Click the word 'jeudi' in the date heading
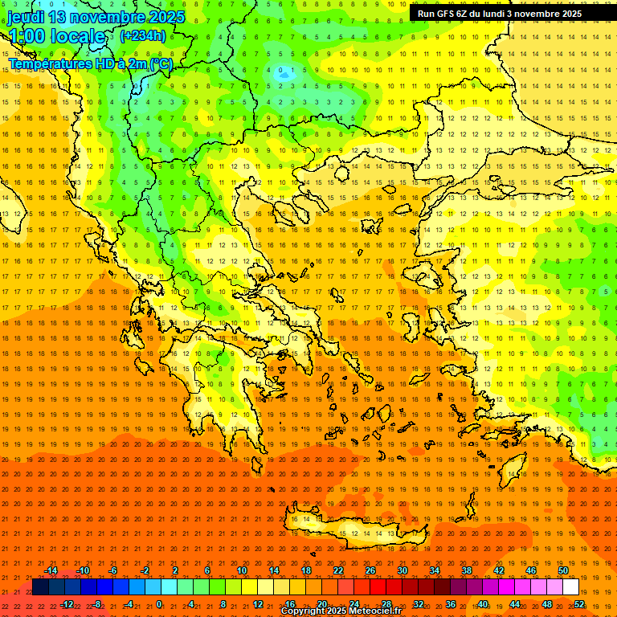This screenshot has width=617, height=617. coord(27,17)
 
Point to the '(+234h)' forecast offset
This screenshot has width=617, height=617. coord(143,35)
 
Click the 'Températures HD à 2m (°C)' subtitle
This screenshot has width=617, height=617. coord(89,63)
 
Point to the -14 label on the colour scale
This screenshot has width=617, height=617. coord(51,570)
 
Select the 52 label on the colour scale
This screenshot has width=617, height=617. coord(579,604)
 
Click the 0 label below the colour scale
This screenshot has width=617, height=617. coord(158,604)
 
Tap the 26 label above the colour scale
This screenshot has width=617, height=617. coord(370,570)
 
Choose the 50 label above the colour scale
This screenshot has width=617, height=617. coord(563,570)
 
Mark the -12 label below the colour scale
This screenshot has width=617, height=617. coord(67,604)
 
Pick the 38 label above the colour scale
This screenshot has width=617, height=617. coord(467,570)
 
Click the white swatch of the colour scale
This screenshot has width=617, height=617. coord(570,587)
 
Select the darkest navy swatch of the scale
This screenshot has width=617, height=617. coord(40,587)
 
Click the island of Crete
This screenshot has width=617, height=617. coord(353,526)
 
